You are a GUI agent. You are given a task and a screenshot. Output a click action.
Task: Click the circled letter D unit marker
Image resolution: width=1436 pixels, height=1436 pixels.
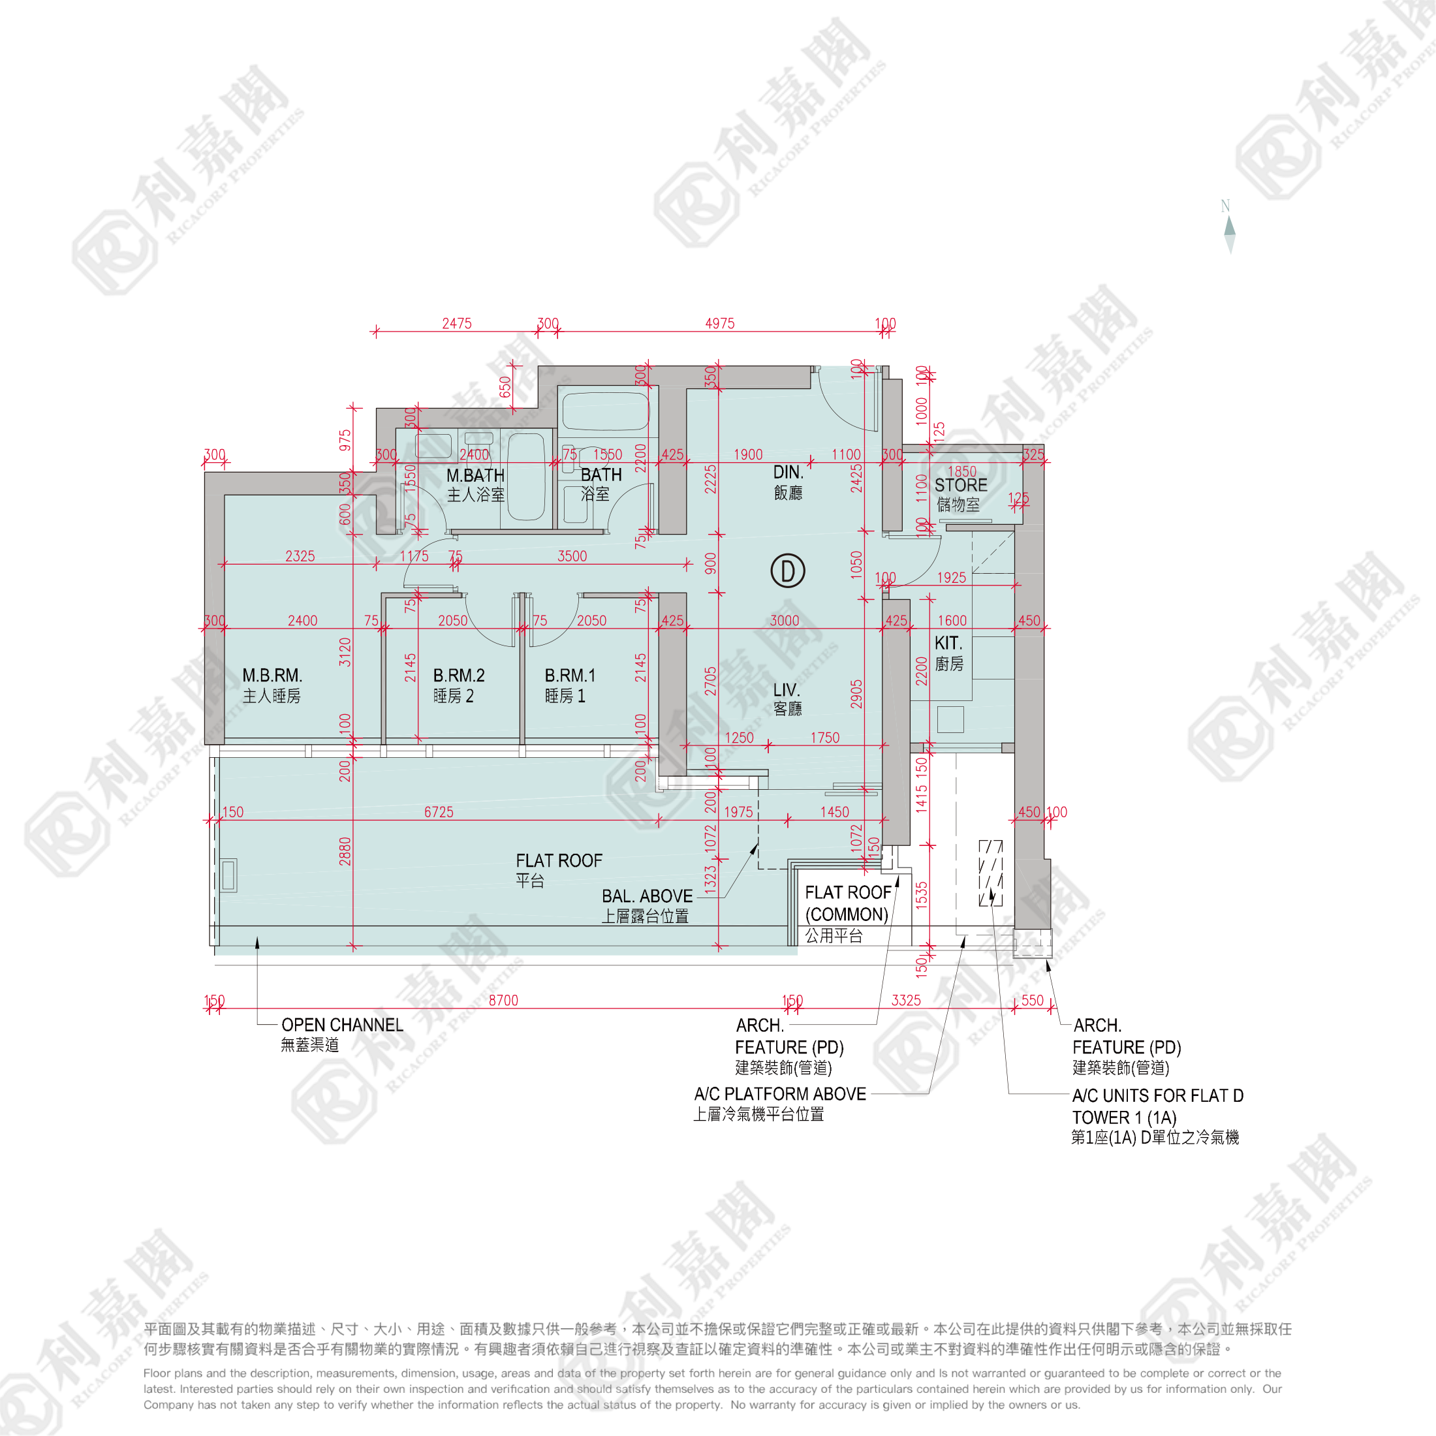pos(787,571)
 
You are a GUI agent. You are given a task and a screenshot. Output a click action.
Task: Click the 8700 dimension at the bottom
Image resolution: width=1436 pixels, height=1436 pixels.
pos(503,1001)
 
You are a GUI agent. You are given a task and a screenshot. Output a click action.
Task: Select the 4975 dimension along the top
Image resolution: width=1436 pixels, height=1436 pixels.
pos(719,323)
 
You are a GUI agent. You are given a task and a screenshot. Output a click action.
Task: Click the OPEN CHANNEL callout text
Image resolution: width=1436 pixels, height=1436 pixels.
pos(342,1025)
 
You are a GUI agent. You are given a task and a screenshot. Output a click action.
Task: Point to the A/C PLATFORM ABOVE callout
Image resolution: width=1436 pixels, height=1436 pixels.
pos(780,1094)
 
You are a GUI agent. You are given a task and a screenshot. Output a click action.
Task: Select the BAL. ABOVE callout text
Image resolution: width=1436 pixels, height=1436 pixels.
pos(647,896)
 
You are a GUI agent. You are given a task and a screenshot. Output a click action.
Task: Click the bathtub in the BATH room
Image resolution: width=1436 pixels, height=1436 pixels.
pos(605,411)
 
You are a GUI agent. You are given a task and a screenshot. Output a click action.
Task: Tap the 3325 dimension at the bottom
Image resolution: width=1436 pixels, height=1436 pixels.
pos(906,1001)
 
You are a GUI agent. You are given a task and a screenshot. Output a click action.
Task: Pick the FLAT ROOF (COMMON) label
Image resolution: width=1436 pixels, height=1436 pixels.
pos(847,903)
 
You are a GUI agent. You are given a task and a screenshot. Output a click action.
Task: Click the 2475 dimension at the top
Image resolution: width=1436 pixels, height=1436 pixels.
pos(456,323)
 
